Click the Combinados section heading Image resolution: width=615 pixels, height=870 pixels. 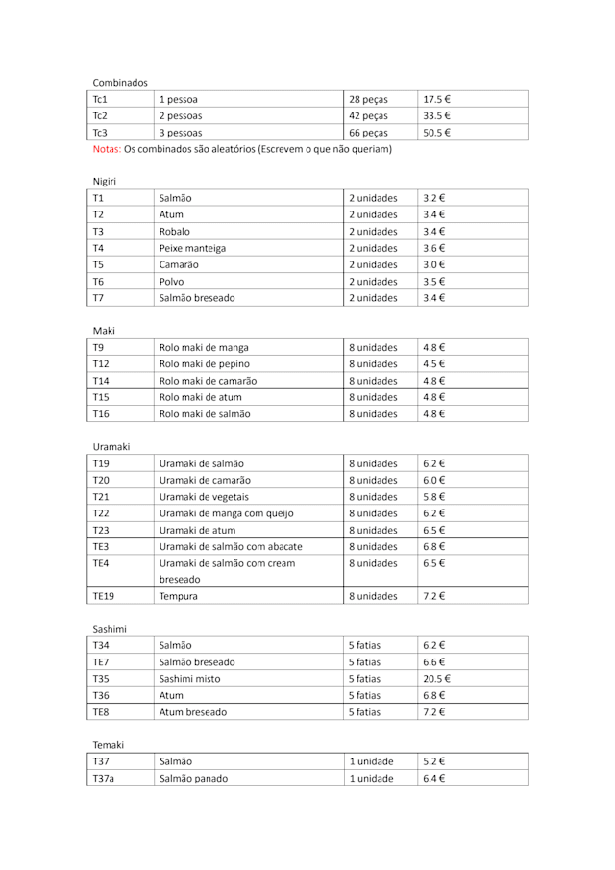pyautogui.click(x=120, y=82)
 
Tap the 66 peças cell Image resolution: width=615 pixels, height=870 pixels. pyautogui.click(x=368, y=133)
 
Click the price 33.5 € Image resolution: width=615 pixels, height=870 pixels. pyautogui.click(x=437, y=115)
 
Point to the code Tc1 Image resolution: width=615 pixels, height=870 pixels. pyautogui.click(x=100, y=99)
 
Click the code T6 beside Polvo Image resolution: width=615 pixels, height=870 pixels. pyautogui.click(x=98, y=282)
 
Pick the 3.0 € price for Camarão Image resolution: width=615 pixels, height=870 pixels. pyautogui.click(x=434, y=264)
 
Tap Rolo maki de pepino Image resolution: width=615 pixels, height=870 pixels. pyautogui.click(x=204, y=364)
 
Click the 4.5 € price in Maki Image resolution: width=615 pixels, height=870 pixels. pyautogui.click(x=434, y=364)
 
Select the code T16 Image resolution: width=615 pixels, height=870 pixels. pyautogui.click(x=101, y=414)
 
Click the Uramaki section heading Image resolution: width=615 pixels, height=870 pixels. pyautogui.click(x=111, y=447)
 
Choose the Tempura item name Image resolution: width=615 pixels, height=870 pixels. pyautogui.click(x=181, y=597)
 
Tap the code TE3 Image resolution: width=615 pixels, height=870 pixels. pyautogui.click(x=101, y=547)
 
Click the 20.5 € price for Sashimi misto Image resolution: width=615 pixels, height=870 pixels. pyautogui.click(x=437, y=679)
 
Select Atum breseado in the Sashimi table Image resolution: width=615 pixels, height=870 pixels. pyautogui.click(x=193, y=712)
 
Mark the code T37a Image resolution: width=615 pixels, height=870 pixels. pyautogui.click(x=103, y=779)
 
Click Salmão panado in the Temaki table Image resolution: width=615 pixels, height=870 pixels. pyautogui.click(x=193, y=779)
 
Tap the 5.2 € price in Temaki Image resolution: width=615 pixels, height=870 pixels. pyautogui.click(x=434, y=762)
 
